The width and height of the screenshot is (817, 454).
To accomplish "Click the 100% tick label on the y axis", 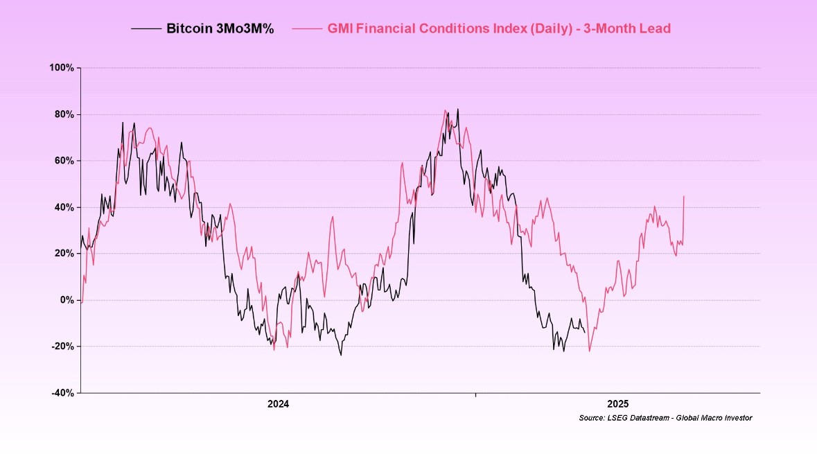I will [62, 68].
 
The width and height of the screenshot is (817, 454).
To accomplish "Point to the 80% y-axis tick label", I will [64, 114].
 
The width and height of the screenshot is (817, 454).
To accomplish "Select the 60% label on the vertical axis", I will [64, 161].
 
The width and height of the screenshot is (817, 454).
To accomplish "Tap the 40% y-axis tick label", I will [64, 207].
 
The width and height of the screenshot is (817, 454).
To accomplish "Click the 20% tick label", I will [64, 254].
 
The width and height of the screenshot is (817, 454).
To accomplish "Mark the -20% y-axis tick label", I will [63, 347].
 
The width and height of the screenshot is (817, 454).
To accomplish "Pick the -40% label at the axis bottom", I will [63, 393].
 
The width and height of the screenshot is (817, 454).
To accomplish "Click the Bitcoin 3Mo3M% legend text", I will [220, 29].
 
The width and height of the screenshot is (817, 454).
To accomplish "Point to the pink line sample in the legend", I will [307, 29].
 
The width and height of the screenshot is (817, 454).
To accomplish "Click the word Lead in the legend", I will [655, 29].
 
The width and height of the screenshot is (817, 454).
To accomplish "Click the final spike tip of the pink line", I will [684, 196].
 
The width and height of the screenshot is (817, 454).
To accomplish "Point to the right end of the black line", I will [585, 332].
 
